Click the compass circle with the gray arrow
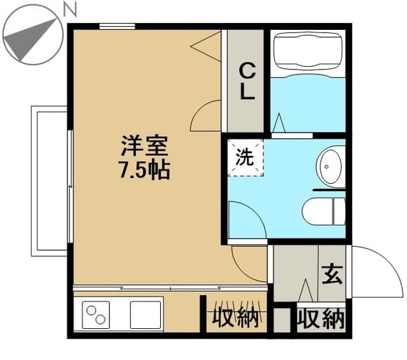[x=30, y=34]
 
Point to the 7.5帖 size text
[x=145, y=170]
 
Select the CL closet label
[x=247, y=80]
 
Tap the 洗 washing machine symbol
[x=245, y=158]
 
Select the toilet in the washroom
[x=324, y=211]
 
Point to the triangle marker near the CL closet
[x=207, y=45]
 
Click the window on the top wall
[x=117, y=26]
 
